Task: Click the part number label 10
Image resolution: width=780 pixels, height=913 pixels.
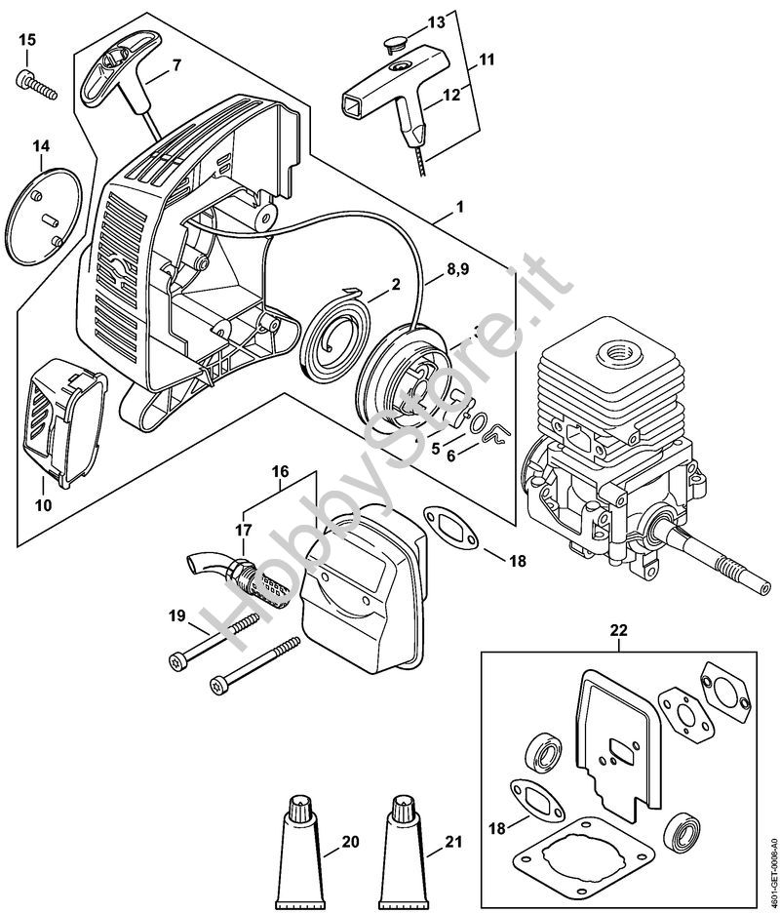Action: [x=43, y=506]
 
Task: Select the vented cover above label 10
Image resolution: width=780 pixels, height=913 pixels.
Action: [x=65, y=419]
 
